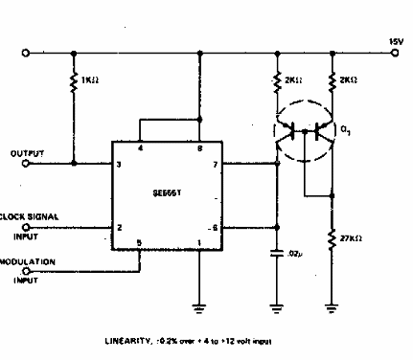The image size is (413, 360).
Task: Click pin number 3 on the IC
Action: (x=119, y=165)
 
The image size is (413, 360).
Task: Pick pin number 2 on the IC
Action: (x=119, y=228)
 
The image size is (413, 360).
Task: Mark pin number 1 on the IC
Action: (x=199, y=242)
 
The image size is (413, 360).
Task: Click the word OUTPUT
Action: (x=26, y=152)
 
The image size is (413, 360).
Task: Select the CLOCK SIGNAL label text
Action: (x=28, y=216)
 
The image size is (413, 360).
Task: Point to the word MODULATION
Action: (x=27, y=260)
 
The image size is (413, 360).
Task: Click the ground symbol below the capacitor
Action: (x=277, y=307)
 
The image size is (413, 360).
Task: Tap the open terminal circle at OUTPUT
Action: (x=26, y=164)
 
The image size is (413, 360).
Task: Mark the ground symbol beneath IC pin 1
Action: (x=199, y=307)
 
